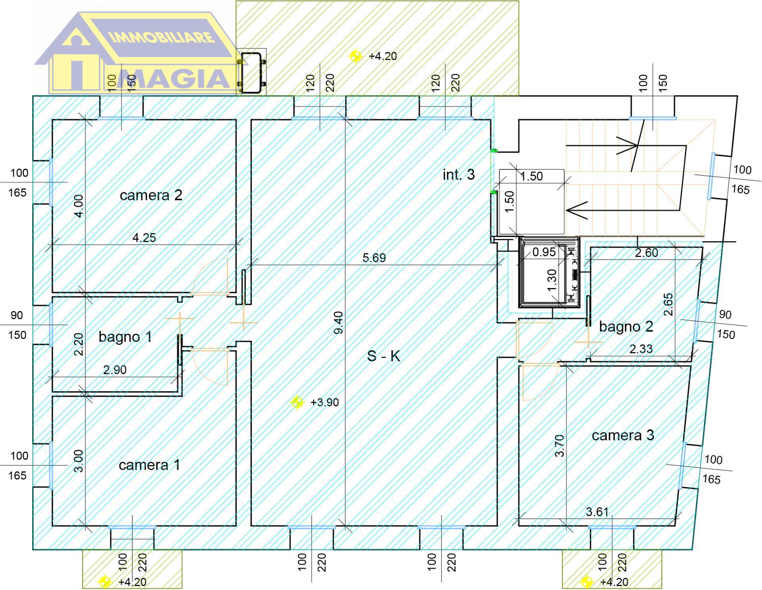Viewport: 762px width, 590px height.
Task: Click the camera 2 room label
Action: [x=151, y=195]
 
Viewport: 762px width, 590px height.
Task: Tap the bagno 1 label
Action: [x=125, y=337]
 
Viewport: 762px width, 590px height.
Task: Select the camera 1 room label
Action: [x=149, y=465]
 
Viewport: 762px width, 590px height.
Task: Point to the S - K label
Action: [x=383, y=356]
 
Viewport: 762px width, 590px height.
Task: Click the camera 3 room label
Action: [x=623, y=435]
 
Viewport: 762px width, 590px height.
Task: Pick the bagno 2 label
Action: [x=626, y=327]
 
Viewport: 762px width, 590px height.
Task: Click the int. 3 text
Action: [x=458, y=175]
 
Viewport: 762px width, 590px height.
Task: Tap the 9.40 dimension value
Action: [x=338, y=323]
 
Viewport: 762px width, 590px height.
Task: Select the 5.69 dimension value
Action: [x=374, y=258]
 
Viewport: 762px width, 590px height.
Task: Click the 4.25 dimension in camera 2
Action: [x=144, y=238]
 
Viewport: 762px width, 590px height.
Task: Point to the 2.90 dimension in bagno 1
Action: [x=115, y=370]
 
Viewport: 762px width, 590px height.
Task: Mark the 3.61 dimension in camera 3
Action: [x=597, y=512]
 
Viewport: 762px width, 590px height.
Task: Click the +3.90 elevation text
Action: [x=325, y=402]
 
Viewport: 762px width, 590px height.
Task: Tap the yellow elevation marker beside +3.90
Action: [x=297, y=402]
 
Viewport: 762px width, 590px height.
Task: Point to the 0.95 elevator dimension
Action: [x=544, y=252]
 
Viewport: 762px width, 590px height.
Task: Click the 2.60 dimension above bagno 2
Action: [x=647, y=253]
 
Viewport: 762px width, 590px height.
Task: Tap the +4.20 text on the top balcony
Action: [x=383, y=56]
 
